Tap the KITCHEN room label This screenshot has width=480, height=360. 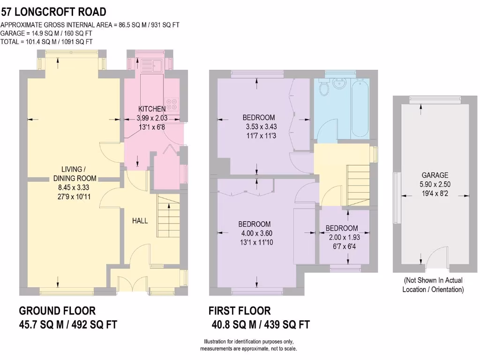pos(151,109)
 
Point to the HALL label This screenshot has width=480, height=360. pos(140,220)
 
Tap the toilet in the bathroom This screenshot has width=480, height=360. pos(323,87)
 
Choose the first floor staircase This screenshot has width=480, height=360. pos(358,185)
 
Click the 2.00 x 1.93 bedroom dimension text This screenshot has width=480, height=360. pos(342,237)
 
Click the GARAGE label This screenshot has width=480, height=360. pos(435,175)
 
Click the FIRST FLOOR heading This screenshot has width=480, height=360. pos(239,311)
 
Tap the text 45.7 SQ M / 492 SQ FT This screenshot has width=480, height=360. pos(68,324)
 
